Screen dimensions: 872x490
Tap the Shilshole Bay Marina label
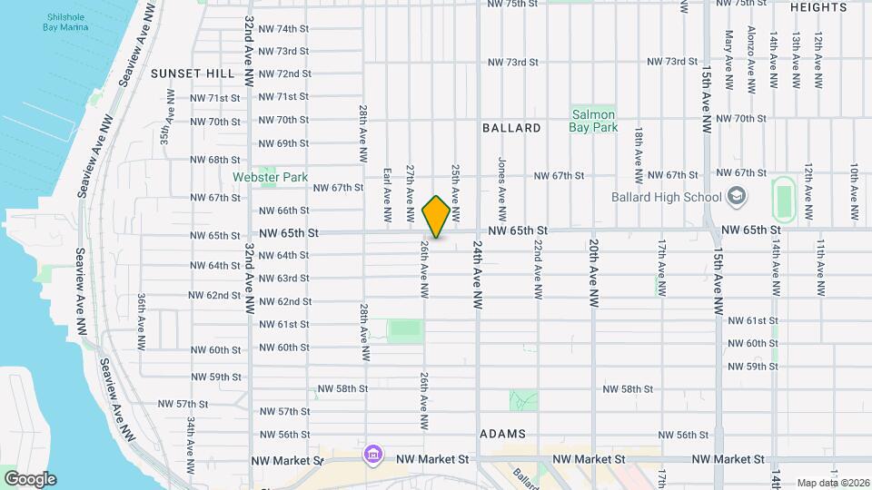(x=67, y=21)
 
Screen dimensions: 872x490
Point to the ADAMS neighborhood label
(x=502, y=434)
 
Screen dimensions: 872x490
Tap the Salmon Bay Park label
(x=594, y=121)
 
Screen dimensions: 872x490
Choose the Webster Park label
(x=270, y=177)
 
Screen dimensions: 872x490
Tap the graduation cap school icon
(x=736, y=196)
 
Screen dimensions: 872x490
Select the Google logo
(x=29, y=478)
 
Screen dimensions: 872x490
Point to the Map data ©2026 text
(x=832, y=483)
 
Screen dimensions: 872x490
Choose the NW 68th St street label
(x=215, y=160)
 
